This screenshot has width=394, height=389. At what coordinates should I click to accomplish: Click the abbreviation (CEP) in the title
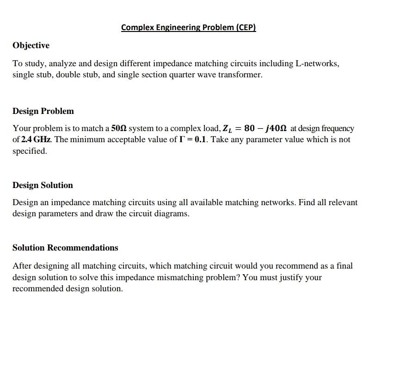(246, 27)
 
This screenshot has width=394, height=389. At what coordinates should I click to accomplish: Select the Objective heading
(31, 45)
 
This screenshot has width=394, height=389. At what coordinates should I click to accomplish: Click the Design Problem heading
(43, 111)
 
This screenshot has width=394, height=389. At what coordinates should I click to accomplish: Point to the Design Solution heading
(43, 185)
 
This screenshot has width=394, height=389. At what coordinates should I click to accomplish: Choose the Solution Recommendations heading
(65, 248)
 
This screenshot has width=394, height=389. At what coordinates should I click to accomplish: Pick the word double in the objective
(81, 75)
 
